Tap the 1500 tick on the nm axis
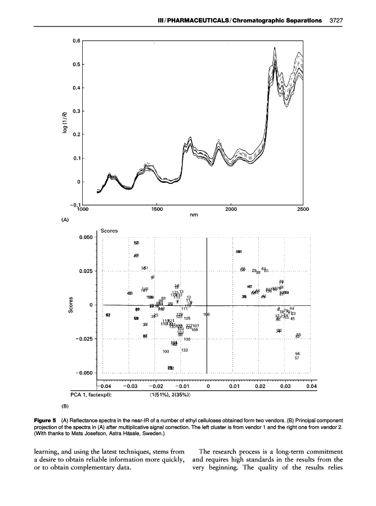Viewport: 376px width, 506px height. click(157, 209)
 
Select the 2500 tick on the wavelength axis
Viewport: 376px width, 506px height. click(303, 209)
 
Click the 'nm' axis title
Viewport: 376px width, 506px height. click(193, 214)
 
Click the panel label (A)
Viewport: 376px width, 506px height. click(65, 220)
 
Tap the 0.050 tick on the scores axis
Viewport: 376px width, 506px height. click(84, 237)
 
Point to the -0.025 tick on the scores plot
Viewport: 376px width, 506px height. click(83, 339)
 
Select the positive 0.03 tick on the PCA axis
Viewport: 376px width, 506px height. click(285, 386)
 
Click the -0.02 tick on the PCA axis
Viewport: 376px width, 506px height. click(155, 386)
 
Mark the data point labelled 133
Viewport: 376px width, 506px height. click(184, 350)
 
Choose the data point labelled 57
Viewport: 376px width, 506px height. click(297, 358)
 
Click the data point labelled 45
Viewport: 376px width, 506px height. click(293, 319)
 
